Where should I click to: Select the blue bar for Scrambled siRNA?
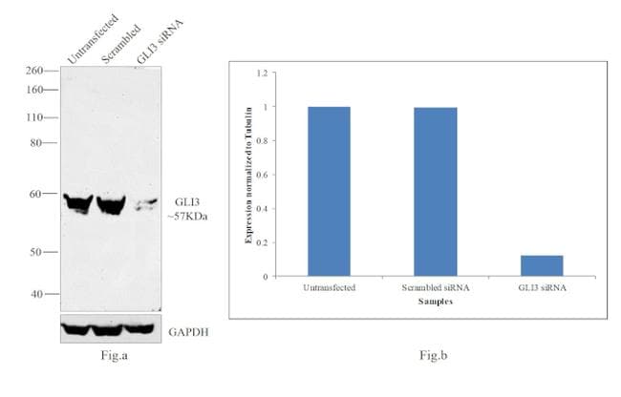point(435,191)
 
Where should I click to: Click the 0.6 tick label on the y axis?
point(265,175)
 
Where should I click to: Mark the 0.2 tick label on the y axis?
point(265,242)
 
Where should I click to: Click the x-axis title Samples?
point(435,302)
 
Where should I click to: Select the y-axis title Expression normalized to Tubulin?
point(248,175)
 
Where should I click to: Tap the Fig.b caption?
point(434,356)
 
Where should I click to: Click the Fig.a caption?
point(114,355)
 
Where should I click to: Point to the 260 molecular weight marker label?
point(34,71)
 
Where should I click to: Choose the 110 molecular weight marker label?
point(34,117)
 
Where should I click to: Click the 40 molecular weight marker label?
point(37,294)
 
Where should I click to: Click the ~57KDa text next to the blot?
point(191,217)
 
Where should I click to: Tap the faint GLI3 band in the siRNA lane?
point(142,204)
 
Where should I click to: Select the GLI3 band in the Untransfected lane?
point(75,202)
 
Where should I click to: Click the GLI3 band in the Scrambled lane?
point(110,203)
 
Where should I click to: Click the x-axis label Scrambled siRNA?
point(435,286)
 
